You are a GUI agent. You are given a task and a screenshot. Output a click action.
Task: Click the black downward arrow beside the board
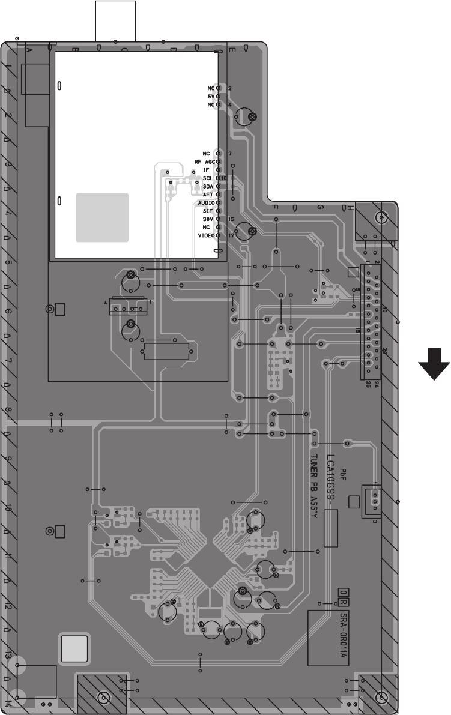coord(434,365)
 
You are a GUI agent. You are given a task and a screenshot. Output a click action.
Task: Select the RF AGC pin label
coord(204,162)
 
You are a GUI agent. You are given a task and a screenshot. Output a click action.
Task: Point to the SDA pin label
coord(208,187)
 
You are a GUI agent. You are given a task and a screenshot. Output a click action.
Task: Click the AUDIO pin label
coord(206,203)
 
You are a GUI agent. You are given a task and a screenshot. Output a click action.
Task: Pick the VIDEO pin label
coord(206,235)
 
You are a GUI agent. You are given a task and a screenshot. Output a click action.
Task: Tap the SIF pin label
coord(208,211)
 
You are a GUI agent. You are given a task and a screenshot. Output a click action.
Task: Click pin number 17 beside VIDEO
coord(230,235)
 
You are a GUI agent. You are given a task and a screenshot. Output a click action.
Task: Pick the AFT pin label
coord(208,195)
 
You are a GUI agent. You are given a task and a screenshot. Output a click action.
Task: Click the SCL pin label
coord(208,179)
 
